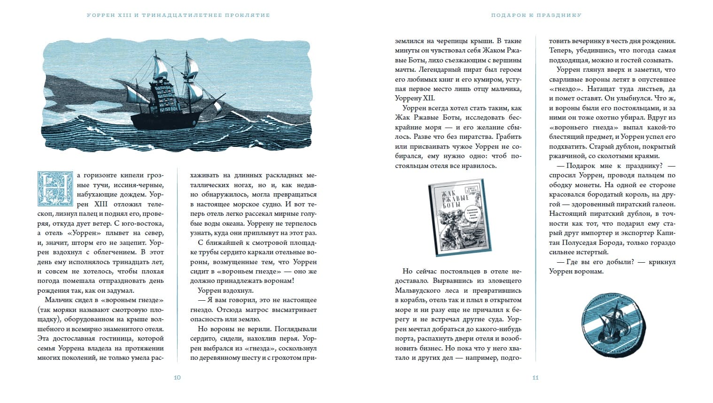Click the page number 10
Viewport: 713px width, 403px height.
pyautogui.click(x=177, y=378)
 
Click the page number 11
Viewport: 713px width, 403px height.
pyautogui.click(x=535, y=378)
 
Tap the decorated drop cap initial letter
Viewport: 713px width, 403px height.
pyautogui.click(x=55, y=189)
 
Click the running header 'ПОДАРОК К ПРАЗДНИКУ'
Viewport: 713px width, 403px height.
pyautogui.click(x=536, y=15)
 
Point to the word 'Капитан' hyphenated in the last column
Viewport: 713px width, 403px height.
pyautogui.click(x=663, y=233)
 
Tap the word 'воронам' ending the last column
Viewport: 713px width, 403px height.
pyautogui.click(x=589, y=272)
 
